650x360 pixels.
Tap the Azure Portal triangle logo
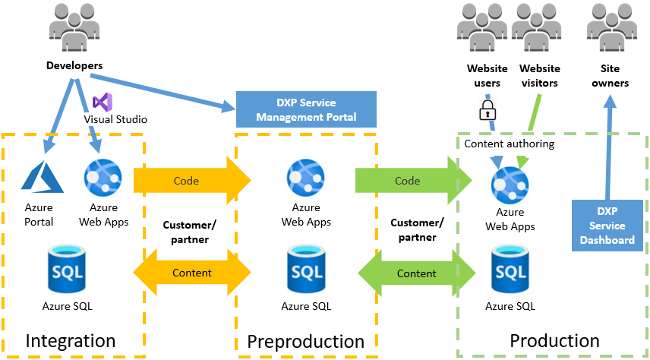[x=39, y=178]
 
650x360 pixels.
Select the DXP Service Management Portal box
[x=306, y=109]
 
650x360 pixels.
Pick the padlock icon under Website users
[x=487, y=111]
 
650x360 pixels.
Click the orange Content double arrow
[x=191, y=273]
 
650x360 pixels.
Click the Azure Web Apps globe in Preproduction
[x=306, y=178]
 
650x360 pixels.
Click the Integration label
[x=70, y=341]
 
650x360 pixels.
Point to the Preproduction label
[x=306, y=341]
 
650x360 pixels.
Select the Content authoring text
[x=509, y=144]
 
